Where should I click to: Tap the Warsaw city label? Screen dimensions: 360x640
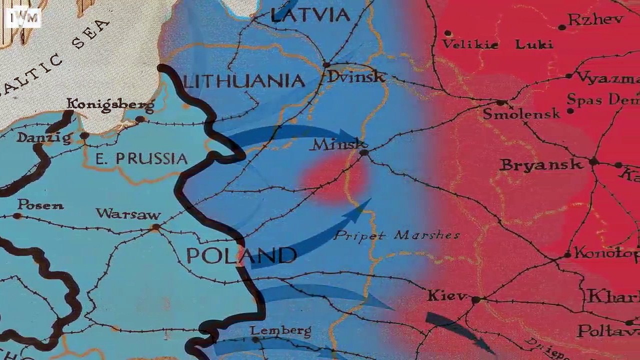coord(128,214)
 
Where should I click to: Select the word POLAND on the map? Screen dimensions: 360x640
coord(241,255)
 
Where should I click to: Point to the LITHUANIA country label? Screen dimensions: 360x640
coord(244,81)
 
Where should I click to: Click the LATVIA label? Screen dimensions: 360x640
coord(310,15)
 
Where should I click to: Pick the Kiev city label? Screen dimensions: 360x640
coord(447,295)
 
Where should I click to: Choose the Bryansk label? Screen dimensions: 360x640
coord(541,164)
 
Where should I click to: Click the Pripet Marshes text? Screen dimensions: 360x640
coord(396,235)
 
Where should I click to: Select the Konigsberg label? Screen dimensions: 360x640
coord(110,104)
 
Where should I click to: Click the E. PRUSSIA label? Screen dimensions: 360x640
coord(141,159)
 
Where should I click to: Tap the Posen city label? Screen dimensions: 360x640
coord(40,204)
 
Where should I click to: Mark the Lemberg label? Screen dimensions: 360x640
coord(280,330)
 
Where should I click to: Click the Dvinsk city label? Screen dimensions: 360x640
coord(356,77)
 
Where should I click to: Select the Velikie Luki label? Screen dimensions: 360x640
coord(497,44)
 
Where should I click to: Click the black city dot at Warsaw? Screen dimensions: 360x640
coord(156,227)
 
